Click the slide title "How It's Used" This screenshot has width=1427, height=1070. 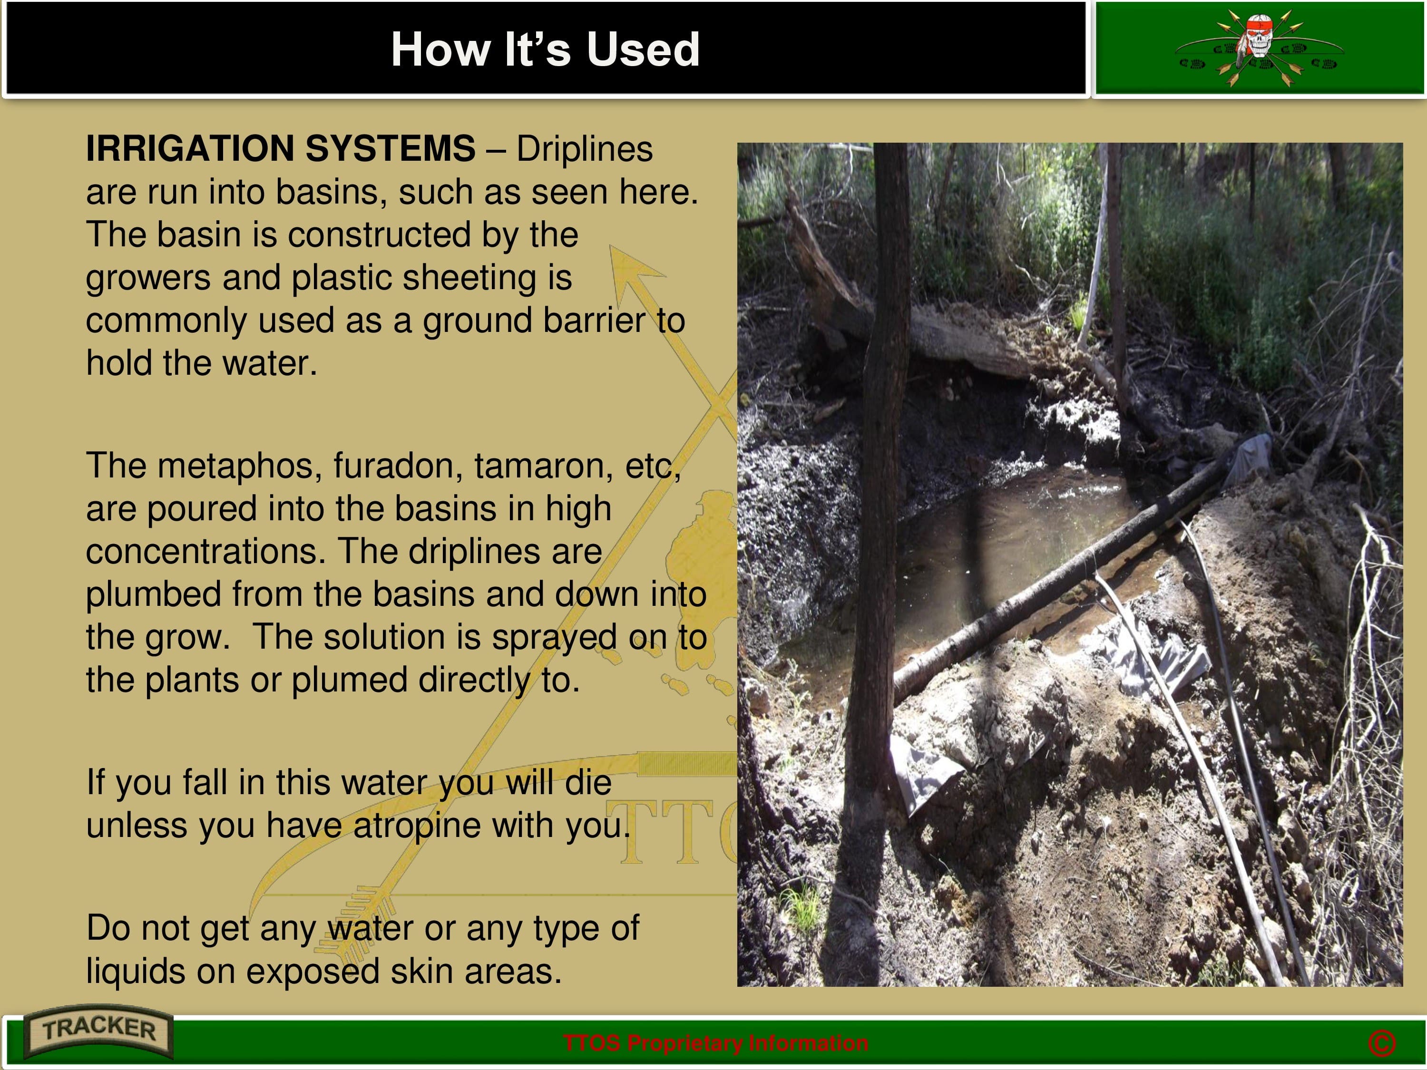click(x=545, y=49)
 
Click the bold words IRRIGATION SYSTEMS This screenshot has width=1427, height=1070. click(x=281, y=148)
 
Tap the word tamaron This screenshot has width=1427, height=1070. click(x=544, y=466)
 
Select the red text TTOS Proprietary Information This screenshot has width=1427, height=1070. click(x=715, y=1043)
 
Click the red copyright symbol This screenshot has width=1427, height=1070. click(x=1382, y=1043)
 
